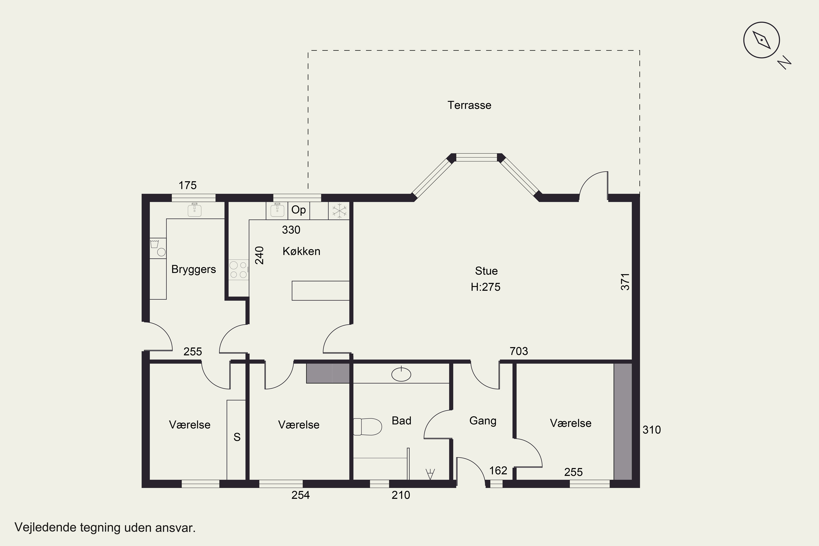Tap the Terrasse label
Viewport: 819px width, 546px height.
click(469, 105)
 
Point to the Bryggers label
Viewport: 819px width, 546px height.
click(194, 269)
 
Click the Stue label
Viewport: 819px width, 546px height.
click(486, 271)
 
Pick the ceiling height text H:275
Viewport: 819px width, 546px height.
click(485, 287)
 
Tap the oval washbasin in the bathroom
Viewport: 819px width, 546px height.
click(401, 374)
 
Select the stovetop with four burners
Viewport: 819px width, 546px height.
click(239, 270)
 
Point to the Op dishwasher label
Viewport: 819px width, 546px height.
click(298, 210)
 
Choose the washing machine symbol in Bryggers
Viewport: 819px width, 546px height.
click(158, 248)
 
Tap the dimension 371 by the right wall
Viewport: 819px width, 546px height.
click(625, 282)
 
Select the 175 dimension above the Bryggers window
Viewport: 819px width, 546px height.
click(188, 185)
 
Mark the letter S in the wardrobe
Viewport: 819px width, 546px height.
click(237, 437)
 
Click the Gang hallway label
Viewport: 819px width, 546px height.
click(483, 421)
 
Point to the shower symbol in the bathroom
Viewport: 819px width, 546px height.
click(430, 474)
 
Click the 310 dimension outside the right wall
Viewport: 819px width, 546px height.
click(651, 430)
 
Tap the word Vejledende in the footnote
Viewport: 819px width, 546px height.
click(45, 527)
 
